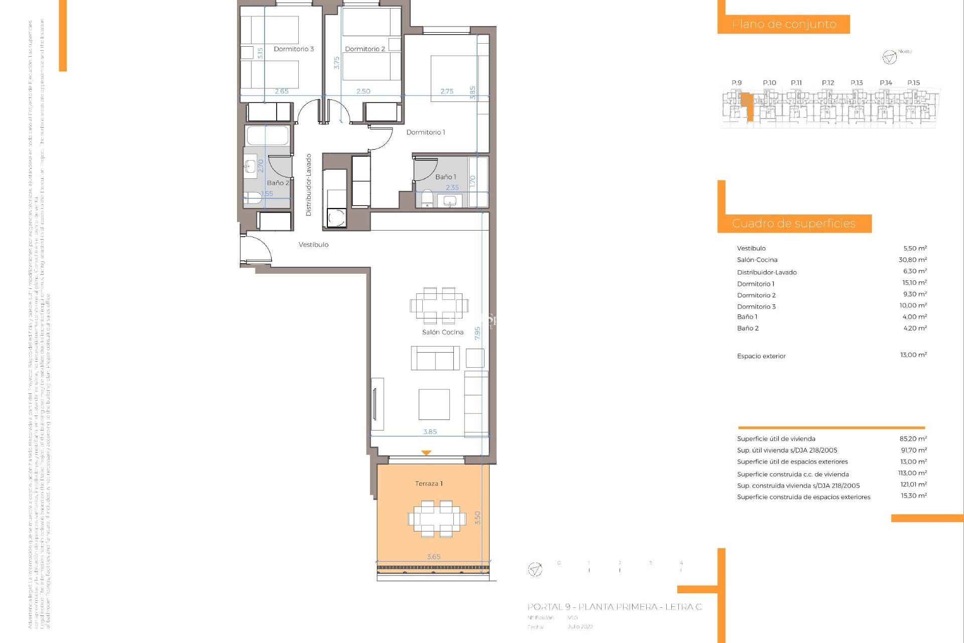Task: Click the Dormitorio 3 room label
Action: pos(294,49)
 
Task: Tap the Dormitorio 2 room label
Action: pos(365,49)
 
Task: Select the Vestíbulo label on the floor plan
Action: pos(313,245)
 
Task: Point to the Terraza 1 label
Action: pos(429,483)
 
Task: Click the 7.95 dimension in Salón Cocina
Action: pos(477,333)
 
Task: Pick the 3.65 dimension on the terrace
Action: pos(433,557)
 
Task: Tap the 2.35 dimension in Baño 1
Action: pos(452,187)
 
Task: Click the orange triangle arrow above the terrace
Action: pos(426,453)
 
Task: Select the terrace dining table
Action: pos(437,518)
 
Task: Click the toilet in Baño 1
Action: pos(427,198)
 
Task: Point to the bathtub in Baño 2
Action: pos(268,136)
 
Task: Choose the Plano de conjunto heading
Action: pos(784,24)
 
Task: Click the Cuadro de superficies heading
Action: pos(794,224)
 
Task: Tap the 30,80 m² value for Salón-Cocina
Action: pos(912,260)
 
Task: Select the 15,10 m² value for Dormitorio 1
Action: pos(914,283)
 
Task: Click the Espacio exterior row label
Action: pos(761,356)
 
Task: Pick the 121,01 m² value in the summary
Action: pos(913,485)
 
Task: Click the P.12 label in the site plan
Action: pos(828,83)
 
